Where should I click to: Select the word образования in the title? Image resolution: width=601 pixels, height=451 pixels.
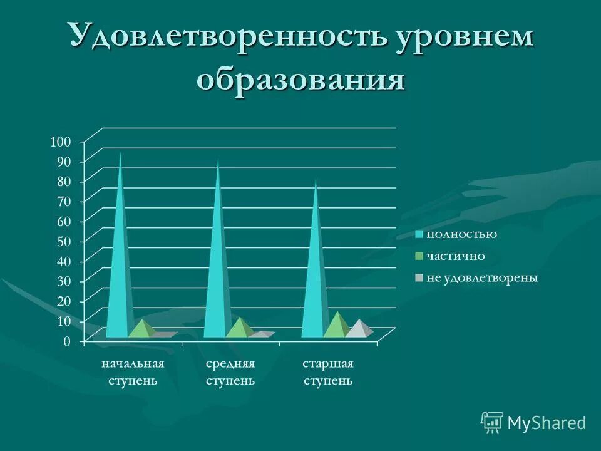coord(300,80)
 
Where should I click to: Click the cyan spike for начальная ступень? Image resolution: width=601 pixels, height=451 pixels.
coord(118,263)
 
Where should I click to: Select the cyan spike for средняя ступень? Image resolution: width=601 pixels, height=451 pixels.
coord(216,263)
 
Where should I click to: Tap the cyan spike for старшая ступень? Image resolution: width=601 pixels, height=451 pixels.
coord(314,269)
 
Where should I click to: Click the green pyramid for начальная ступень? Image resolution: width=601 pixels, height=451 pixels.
coord(143,330)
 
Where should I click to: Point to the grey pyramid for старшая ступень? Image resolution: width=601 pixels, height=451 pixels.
coord(358,329)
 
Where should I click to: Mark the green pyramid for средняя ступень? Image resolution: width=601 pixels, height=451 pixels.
coord(239,329)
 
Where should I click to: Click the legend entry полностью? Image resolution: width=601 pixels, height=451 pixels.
coord(461,234)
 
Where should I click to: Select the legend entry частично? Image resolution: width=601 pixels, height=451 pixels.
coord(456,256)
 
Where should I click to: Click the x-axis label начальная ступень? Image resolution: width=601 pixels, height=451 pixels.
coord(133,372)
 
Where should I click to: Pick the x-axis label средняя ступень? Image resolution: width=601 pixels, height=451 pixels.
coord(230,372)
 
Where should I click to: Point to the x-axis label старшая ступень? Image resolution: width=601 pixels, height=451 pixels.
coord(328,372)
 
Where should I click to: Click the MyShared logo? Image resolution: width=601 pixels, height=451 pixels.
coord(533,423)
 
